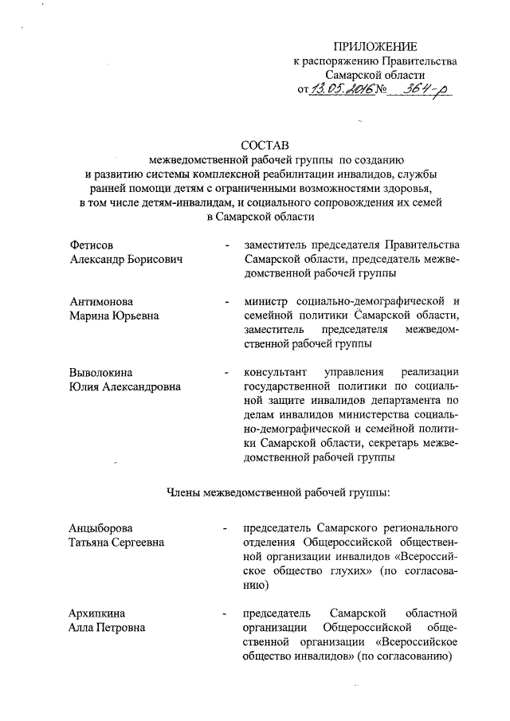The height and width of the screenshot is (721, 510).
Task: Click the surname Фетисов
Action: (x=92, y=244)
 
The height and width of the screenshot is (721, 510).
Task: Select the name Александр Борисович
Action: (x=127, y=259)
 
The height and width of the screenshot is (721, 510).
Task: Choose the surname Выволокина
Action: (x=101, y=372)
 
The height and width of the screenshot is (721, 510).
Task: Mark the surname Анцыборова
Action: (x=101, y=528)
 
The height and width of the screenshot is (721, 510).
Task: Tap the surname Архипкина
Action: (x=98, y=613)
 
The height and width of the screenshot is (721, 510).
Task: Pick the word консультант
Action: (x=279, y=372)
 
